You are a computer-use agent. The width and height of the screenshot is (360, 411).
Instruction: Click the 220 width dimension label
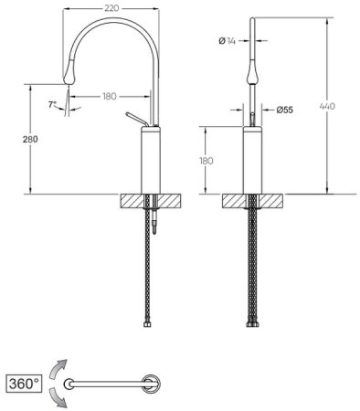(x=111, y=8)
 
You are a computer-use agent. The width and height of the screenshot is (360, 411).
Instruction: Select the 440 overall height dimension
(x=327, y=106)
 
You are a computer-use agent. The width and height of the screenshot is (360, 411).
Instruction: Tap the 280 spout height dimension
(x=30, y=139)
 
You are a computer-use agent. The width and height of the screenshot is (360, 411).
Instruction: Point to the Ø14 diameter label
(x=228, y=40)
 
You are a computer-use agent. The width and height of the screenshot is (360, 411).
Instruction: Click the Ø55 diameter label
(x=285, y=110)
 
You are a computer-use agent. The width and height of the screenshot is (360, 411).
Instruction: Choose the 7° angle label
(x=52, y=105)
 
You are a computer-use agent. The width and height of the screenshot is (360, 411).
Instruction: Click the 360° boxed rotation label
(x=24, y=384)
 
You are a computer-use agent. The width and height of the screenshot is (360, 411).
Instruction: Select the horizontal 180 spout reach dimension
(x=110, y=97)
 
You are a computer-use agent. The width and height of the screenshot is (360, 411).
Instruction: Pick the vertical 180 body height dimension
(x=206, y=161)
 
